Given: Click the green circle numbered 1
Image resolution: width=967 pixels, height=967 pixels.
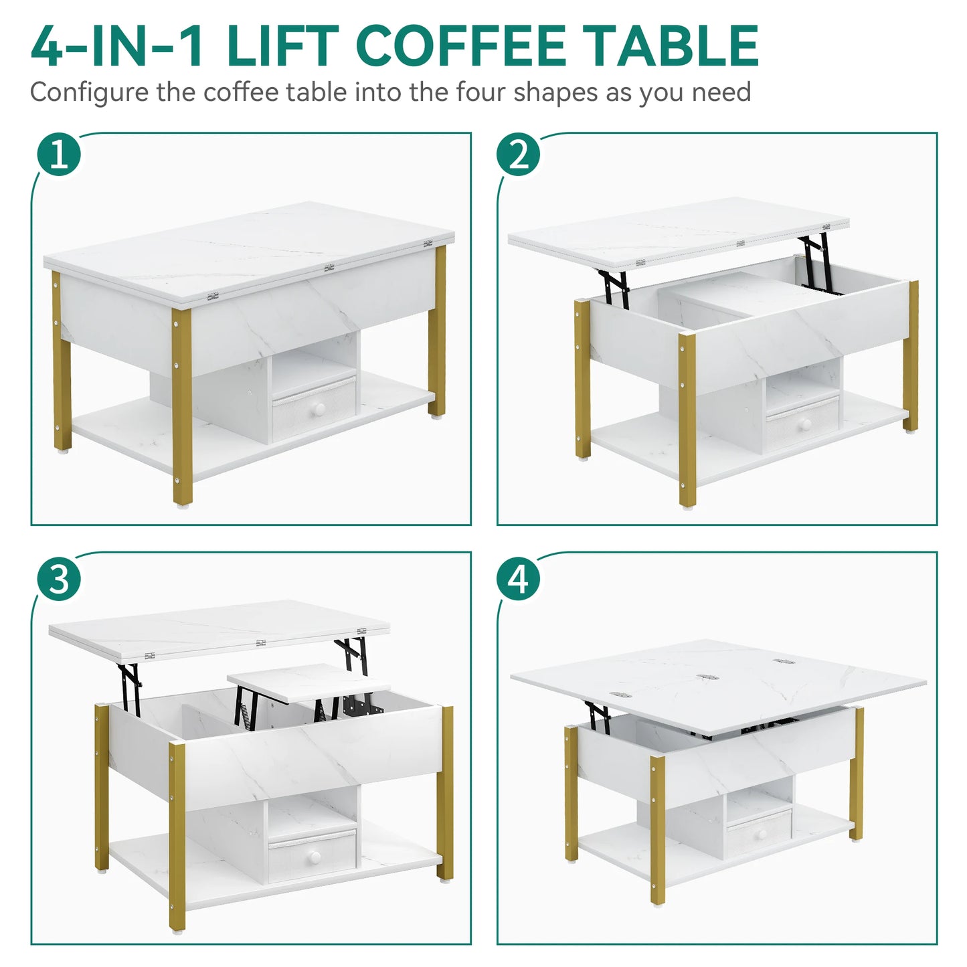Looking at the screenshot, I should (59, 155).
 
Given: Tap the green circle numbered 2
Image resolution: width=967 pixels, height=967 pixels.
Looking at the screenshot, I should (518, 155).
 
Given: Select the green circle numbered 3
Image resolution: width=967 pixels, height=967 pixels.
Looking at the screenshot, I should (59, 579).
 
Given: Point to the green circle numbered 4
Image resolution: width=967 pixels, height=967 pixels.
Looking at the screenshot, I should (518, 579).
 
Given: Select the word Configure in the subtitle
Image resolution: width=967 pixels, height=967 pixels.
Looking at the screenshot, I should (89, 93).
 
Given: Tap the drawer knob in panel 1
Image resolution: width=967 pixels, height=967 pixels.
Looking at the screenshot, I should (320, 408).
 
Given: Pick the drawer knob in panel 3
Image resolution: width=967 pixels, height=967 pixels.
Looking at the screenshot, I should (313, 858).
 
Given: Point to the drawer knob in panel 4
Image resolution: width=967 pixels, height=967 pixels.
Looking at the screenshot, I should (760, 834).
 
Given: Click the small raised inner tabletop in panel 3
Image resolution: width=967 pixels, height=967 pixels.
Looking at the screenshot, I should (309, 682).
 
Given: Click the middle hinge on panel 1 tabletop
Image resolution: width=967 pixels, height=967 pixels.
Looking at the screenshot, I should (329, 268).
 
